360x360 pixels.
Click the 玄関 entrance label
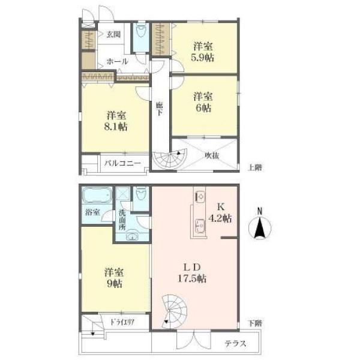[x=113, y=34]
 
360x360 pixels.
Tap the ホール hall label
[x=117, y=61]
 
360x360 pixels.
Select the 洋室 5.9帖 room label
[x=203, y=52]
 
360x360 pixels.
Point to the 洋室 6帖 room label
[x=203, y=102]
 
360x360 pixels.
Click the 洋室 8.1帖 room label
[x=116, y=121]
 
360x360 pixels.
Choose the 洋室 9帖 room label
[x=114, y=278]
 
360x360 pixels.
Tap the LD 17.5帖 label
[x=192, y=272]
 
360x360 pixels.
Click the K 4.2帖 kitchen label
[x=220, y=212]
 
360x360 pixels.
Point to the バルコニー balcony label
[x=122, y=163]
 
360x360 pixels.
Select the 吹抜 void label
[x=212, y=155]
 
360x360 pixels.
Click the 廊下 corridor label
[x=160, y=109]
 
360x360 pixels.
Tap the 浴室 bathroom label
[x=92, y=212]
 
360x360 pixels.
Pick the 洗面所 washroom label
[x=122, y=220]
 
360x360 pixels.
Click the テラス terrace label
[x=235, y=343]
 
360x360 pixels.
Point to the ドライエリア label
[x=122, y=322]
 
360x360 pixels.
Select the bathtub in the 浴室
[x=97, y=195]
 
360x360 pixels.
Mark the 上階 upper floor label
[x=255, y=167]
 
